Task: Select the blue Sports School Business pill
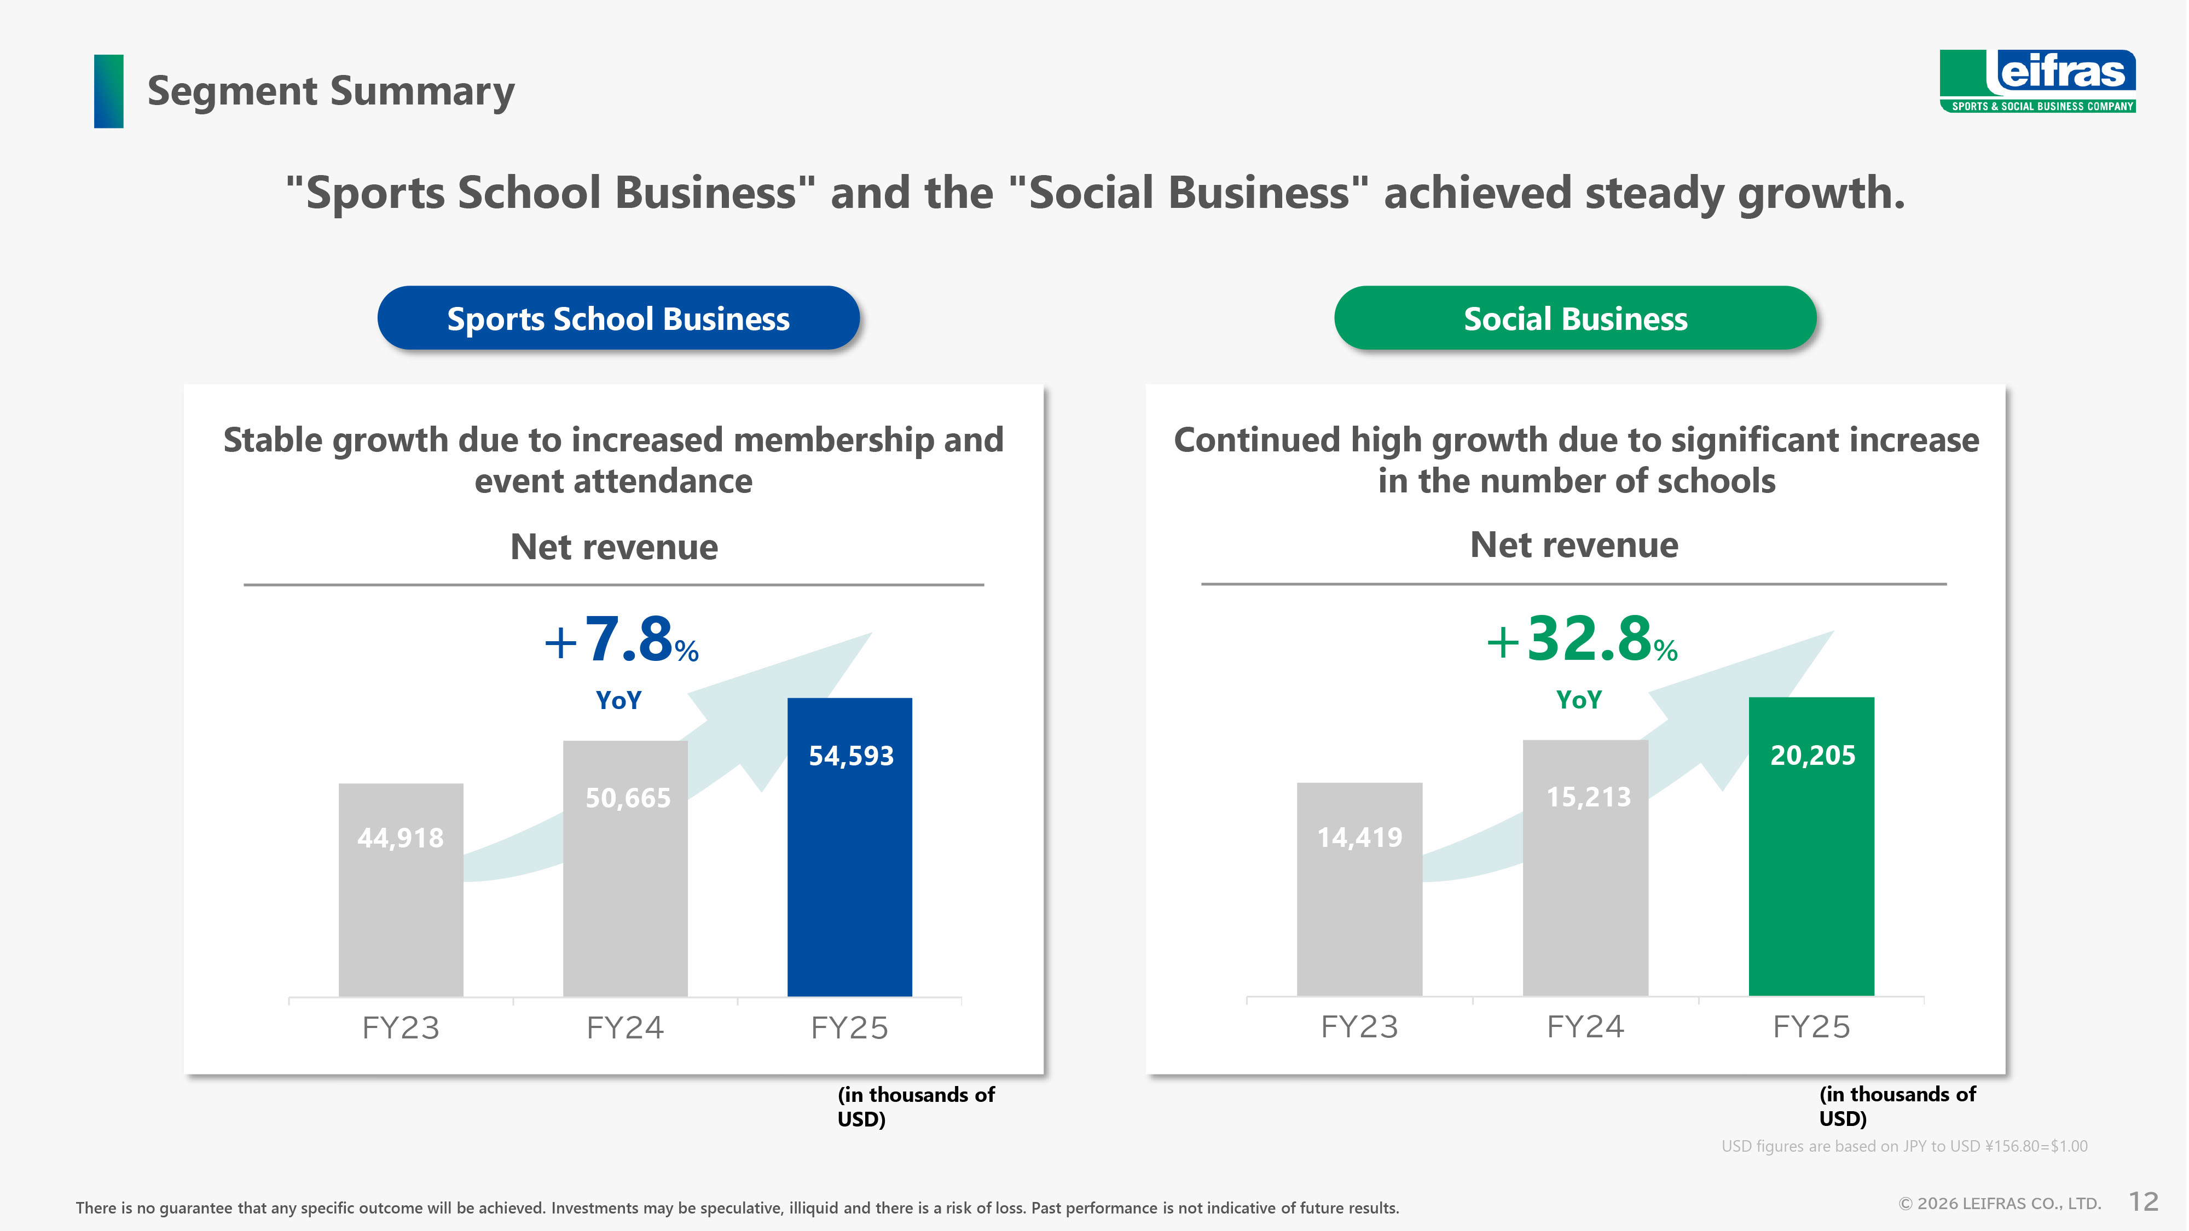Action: [x=618, y=318]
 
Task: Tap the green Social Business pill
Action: [x=1576, y=318]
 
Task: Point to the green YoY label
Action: [x=1579, y=700]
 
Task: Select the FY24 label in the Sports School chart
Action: [x=624, y=1028]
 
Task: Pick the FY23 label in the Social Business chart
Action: [x=1359, y=1027]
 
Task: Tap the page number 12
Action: [x=2143, y=1201]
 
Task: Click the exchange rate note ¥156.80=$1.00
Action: [x=1904, y=1146]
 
